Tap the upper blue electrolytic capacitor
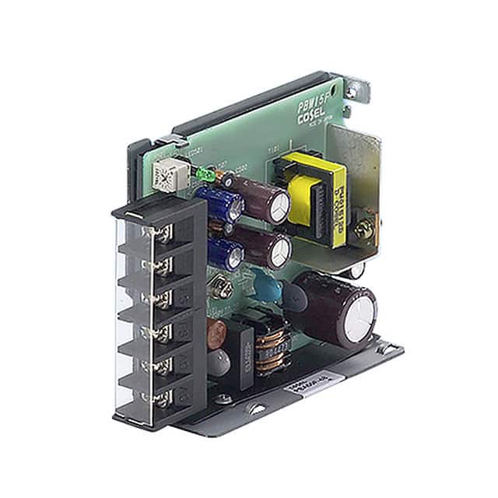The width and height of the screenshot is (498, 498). (x=220, y=202)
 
